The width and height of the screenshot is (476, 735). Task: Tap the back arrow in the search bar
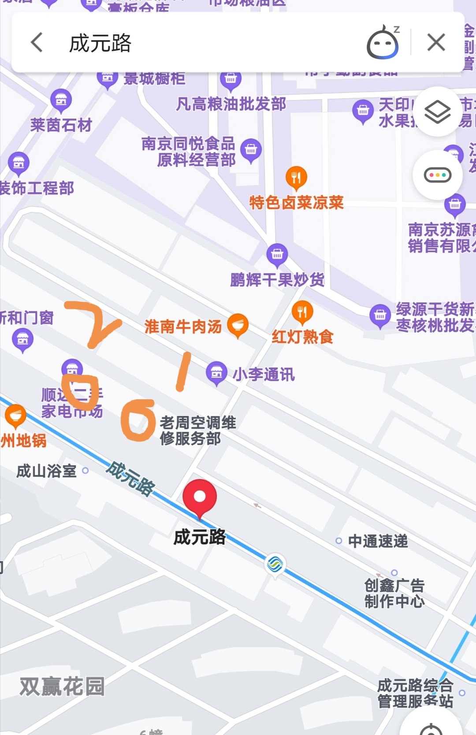(x=37, y=43)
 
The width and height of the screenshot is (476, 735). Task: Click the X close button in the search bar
(x=436, y=43)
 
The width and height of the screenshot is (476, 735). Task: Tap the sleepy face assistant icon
(x=383, y=43)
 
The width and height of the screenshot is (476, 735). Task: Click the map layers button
(x=437, y=112)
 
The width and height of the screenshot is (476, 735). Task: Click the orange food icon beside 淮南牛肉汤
(x=238, y=325)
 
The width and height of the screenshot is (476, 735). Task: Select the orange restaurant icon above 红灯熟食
(x=302, y=312)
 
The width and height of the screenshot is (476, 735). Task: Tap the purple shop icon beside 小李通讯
(x=216, y=373)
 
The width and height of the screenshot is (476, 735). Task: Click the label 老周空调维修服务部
(x=197, y=431)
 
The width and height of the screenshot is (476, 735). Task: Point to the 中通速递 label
(x=378, y=541)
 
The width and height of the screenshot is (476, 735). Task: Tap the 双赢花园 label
(x=62, y=687)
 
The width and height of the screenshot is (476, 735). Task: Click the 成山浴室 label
(x=47, y=471)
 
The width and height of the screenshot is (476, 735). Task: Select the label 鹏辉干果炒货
(x=277, y=280)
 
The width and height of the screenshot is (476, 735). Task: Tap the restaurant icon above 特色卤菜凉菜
(x=296, y=178)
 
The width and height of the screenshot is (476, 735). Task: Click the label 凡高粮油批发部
(x=231, y=104)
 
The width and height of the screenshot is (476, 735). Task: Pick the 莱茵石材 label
(x=61, y=125)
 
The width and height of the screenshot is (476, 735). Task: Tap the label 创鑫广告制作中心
(x=394, y=593)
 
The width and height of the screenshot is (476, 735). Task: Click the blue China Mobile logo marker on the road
(x=275, y=564)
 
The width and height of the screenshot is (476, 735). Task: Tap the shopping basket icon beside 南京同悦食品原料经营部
(x=251, y=150)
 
